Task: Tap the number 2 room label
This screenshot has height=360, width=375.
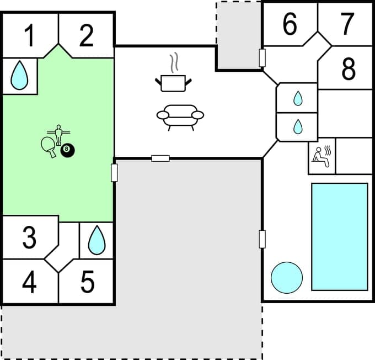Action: pos(86,36)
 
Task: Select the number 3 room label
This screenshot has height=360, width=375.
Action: pos(29,238)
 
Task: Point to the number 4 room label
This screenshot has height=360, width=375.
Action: pos(29,283)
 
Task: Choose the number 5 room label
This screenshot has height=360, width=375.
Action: pos(87,283)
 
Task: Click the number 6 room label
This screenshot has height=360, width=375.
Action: pos(290,24)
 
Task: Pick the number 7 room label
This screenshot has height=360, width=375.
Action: pos(347,24)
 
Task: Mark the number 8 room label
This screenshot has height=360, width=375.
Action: pos(348,70)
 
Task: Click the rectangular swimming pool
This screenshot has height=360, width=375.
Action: pos(339,236)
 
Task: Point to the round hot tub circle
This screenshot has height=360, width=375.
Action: pos(287,277)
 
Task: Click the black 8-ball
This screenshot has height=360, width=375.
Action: pos(68,150)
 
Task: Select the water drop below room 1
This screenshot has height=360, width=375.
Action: pos(20,75)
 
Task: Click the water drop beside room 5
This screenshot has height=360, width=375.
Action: pos(97,240)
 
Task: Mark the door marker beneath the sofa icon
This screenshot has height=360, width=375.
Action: pos(160,158)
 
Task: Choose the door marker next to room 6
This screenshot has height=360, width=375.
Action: pos(262,57)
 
